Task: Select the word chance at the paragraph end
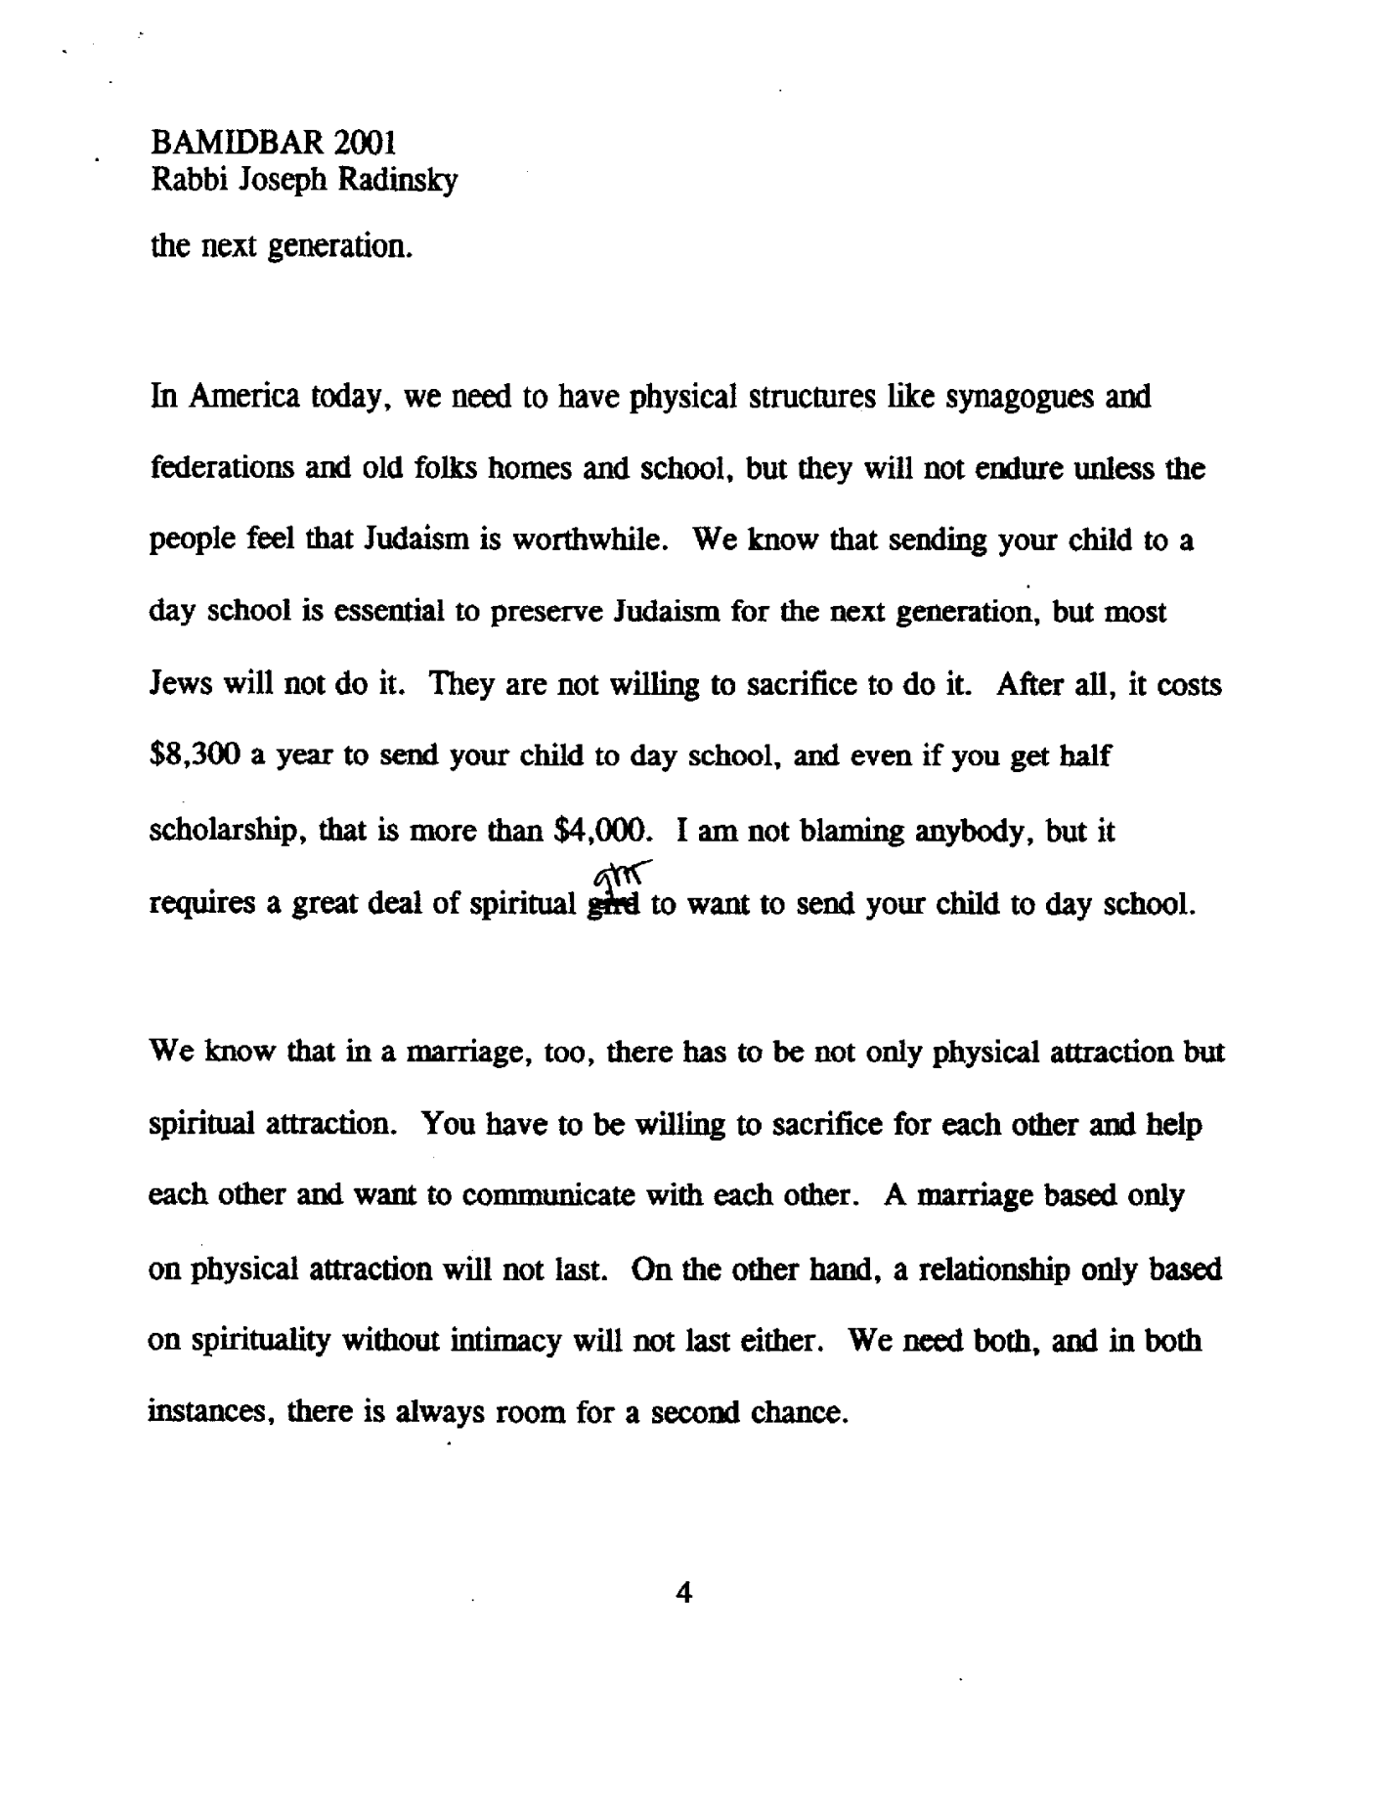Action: coord(796,1413)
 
